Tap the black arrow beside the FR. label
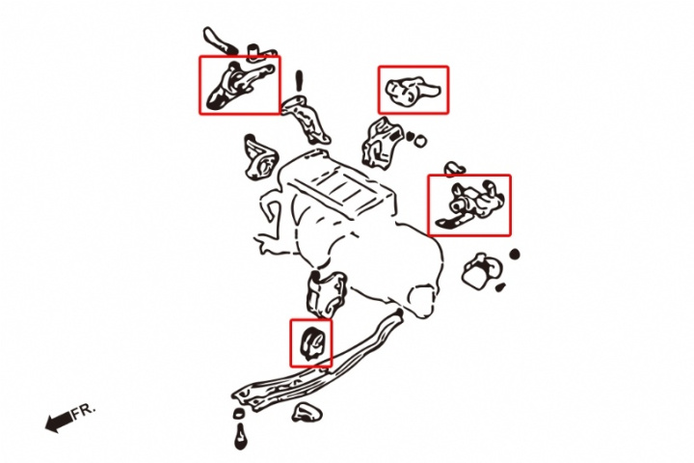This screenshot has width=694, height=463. click(59, 422)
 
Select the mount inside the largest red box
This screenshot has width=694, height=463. click(470, 205)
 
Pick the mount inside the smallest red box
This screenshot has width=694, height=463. click(311, 342)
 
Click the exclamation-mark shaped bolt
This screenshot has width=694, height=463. click(299, 81)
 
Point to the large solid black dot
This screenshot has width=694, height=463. click(515, 255)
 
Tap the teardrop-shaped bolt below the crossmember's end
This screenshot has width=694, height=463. click(240, 436)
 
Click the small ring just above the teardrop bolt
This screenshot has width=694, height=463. click(238, 414)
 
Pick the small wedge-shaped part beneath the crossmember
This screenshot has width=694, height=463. click(307, 413)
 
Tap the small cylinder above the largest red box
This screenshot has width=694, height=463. click(253, 51)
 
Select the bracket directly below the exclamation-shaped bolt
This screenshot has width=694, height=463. click(306, 119)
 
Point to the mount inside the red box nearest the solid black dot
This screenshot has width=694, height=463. click(470, 205)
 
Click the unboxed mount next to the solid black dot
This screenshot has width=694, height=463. click(482, 271)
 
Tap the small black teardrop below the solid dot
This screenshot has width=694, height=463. click(500, 287)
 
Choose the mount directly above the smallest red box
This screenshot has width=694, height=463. click(327, 293)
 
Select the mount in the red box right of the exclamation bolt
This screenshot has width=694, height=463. click(413, 91)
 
